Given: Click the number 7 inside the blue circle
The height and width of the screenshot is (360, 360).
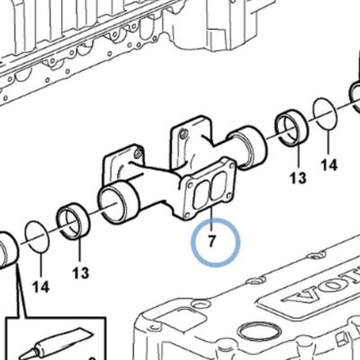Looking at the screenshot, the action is click(x=211, y=241).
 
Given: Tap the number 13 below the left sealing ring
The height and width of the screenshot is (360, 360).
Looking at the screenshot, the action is click(x=81, y=273).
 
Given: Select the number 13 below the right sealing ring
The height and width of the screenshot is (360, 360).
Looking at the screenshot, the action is click(x=298, y=177).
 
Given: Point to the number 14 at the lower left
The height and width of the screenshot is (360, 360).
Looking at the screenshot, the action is click(x=40, y=287).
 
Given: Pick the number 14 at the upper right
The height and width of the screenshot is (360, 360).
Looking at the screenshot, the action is click(x=329, y=165).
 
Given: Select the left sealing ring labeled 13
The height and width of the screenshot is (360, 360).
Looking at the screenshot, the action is click(x=74, y=221).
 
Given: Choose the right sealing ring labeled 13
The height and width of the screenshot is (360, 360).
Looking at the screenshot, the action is click(x=292, y=129).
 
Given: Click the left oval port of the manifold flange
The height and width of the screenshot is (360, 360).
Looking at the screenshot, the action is click(x=201, y=194).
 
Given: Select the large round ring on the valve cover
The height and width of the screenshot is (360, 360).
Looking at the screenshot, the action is click(x=260, y=334).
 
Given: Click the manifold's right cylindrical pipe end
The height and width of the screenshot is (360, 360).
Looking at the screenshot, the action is click(x=247, y=145).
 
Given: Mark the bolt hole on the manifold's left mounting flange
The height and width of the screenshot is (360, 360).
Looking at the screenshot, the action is click(x=139, y=154).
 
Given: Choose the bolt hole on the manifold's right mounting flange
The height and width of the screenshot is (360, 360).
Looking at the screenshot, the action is click(x=184, y=132).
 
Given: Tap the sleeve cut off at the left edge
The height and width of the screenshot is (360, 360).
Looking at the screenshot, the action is click(x=8, y=249).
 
